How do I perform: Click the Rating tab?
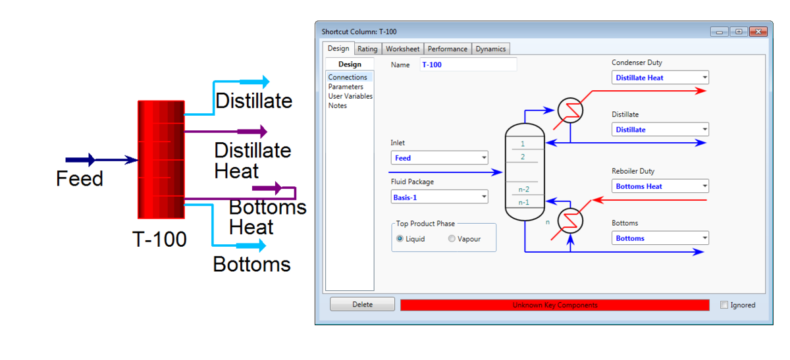[x=367, y=49]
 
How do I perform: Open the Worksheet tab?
[x=402, y=49]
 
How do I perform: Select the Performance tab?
[x=447, y=49]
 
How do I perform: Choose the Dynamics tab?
[x=490, y=49]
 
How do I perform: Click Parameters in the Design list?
[x=346, y=87]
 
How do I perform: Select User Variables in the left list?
[x=350, y=96]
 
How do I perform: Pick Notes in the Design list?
[x=338, y=105]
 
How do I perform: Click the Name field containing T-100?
[x=468, y=64]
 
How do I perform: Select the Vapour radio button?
[x=452, y=239]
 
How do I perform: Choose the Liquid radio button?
[x=400, y=239]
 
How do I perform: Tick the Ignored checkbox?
[x=725, y=305]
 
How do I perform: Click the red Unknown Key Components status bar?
[x=554, y=305]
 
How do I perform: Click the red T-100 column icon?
[x=161, y=159]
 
